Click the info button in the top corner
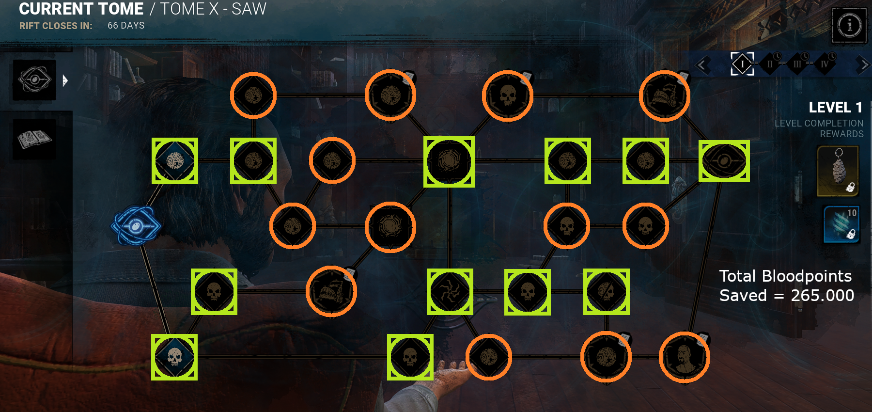[x=849, y=25]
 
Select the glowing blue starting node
[x=136, y=225]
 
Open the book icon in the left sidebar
[x=34, y=140]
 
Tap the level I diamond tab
[x=742, y=64]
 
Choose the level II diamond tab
[x=770, y=64]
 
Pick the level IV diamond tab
[x=825, y=64]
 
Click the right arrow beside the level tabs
[x=863, y=64]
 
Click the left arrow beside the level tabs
[x=703, y=64]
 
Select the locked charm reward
[x=838, y=171]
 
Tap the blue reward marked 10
[x=841, y=224]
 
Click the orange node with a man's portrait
[x=684, y=357]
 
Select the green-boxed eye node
[x=724, y=161]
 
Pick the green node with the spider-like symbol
[x=450, y=292]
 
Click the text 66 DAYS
[x=126, y=25]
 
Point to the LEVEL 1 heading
[x=835, y=107]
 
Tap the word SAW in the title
[x=249, y=9]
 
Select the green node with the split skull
[x=606, y=292]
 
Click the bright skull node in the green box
[x=174, y=357]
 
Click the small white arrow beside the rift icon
[x=65, y=80]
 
